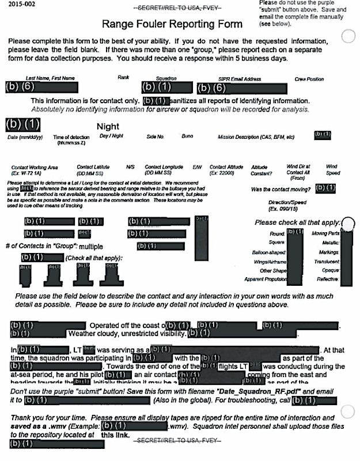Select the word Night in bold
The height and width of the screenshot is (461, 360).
pos(108,126)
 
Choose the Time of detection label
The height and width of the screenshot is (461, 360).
pos(67,139)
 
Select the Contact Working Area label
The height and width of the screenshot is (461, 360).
pos(35,169)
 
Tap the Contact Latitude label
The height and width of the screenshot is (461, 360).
pos(92,169)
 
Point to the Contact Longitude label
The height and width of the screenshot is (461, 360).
pos(162,169)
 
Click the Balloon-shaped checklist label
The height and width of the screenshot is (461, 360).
pos(269,252)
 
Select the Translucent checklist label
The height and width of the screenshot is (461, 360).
pos(325,261)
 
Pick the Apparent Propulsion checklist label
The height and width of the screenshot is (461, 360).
pos(266,279)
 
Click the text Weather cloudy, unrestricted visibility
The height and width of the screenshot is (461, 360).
pos(127,333)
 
